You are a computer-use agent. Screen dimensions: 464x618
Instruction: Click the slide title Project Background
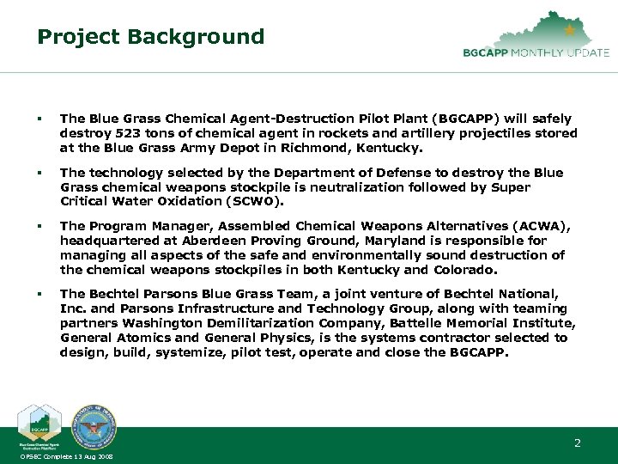tap(150, 37)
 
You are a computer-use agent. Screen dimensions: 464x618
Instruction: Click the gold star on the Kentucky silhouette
tap(570, 30)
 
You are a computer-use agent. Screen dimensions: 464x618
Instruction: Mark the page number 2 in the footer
tap(578, 443)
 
